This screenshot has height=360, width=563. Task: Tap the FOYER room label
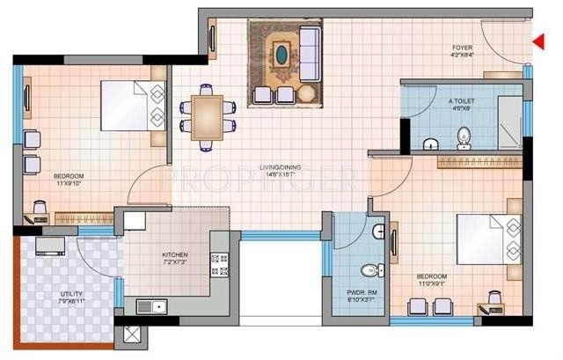click(x=463, y=48)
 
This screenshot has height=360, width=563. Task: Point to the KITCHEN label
click(x=173, y=255)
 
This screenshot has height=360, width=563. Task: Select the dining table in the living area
click(x=208, y=114)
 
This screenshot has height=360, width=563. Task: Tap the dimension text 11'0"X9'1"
click(x=435, y=283)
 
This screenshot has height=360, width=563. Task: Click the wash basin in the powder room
click(x=377, y=231)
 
